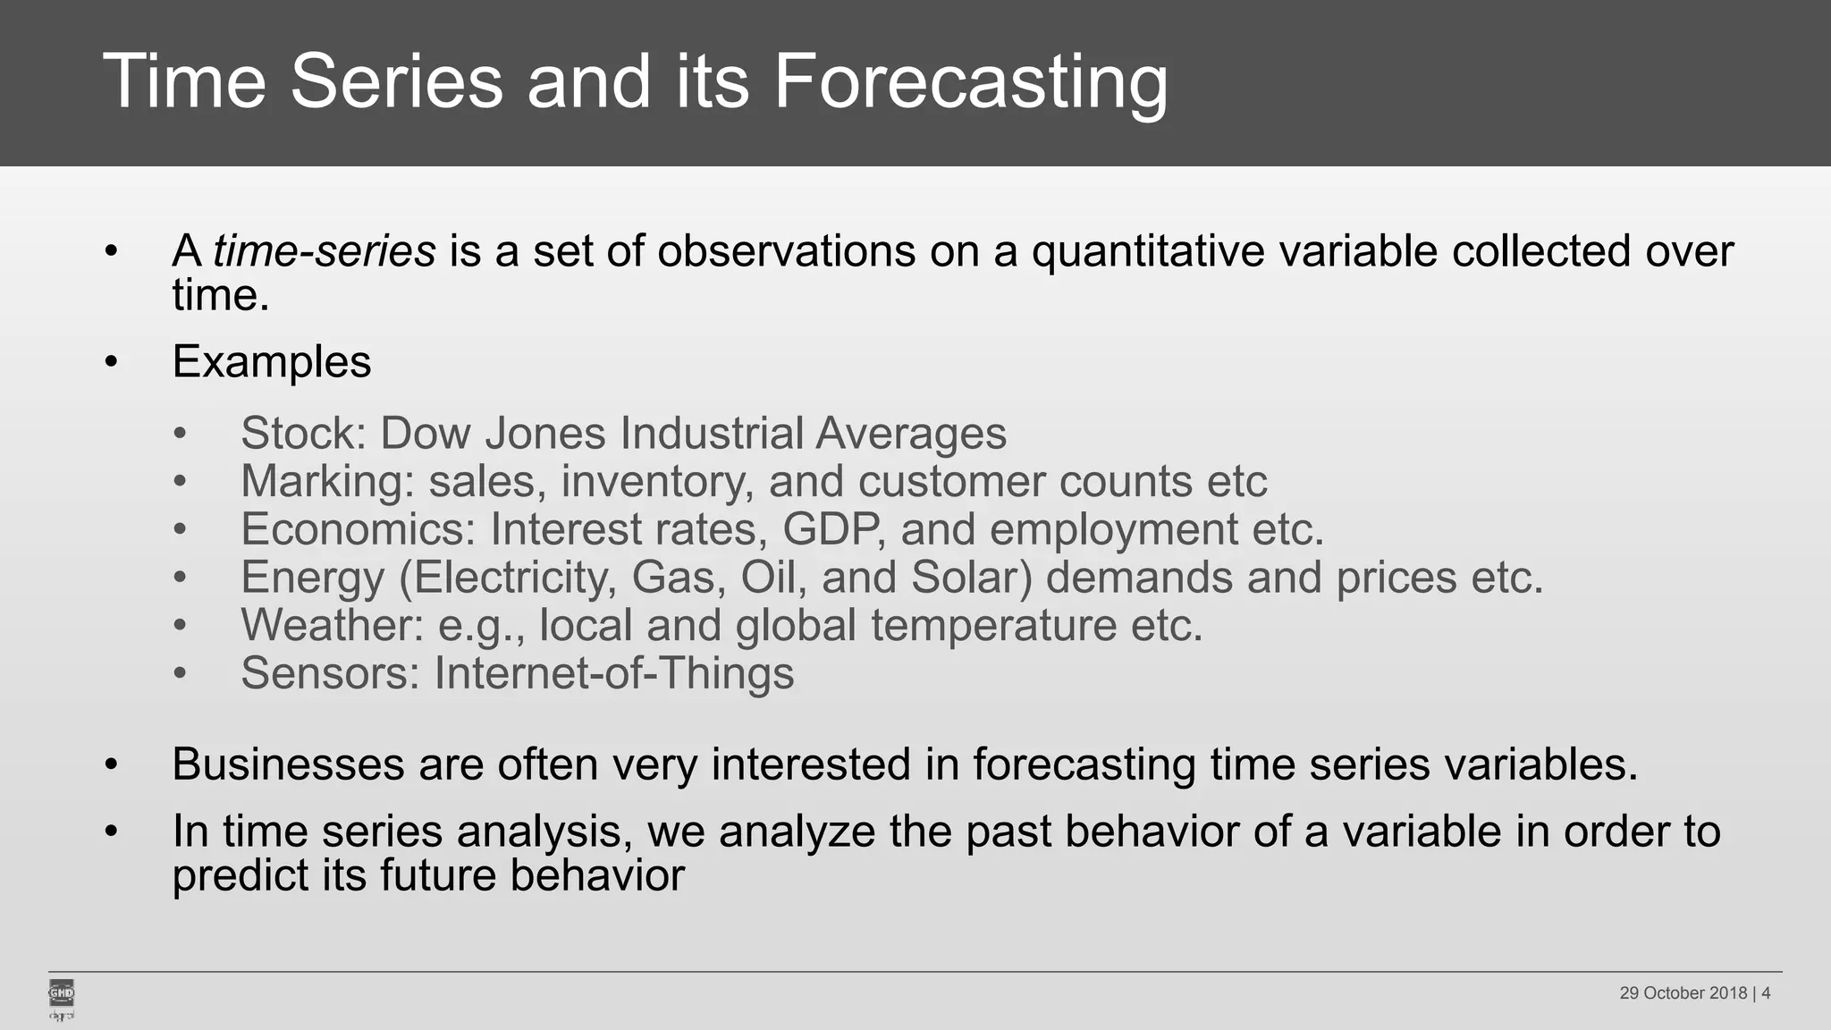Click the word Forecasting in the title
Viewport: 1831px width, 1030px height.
pos(970,82)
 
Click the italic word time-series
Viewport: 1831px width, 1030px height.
pos(324,251)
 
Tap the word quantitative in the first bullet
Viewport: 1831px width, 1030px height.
pos(1148,251)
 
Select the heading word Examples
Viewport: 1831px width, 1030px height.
pos(271,362)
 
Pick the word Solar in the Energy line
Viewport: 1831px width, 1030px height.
pos(971,578)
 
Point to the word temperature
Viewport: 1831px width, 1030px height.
pos(993,625)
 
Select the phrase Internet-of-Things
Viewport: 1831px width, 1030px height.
pos(613,673)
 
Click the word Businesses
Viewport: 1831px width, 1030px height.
pos(288,765)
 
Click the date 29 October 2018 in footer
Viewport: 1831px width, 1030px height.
pos(1683,993)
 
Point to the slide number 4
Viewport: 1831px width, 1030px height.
pos(1766,993)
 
